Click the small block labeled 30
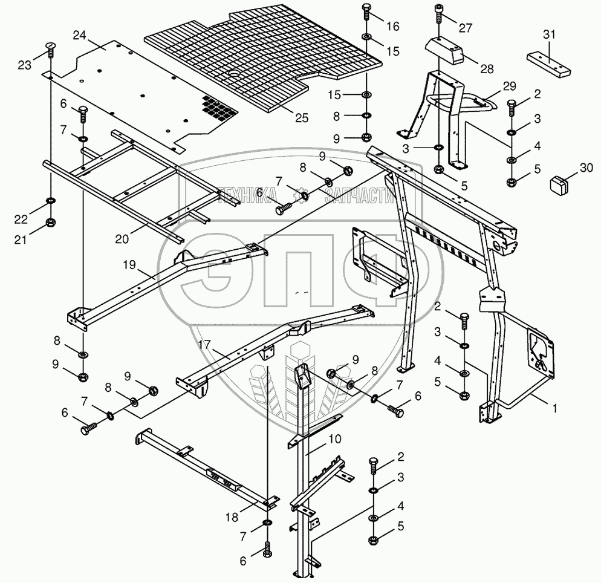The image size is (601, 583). point(559,181)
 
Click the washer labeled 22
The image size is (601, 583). point(51,200)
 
